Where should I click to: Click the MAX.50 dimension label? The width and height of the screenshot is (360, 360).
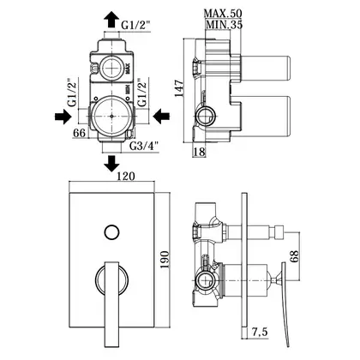tap(223, 13)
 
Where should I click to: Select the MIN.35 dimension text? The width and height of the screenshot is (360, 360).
tap(224, 25)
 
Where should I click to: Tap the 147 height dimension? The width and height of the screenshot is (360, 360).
tap(179, 88)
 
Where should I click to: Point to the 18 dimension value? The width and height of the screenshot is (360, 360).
tap(200, 152)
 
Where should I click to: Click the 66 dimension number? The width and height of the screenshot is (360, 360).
tap(80, 133)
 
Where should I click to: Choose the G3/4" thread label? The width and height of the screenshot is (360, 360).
tap(144, 147)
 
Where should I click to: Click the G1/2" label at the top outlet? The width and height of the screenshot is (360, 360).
tap(136, 26)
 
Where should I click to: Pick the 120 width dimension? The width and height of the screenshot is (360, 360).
tap(125, 176)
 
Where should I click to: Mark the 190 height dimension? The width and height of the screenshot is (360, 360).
tap(165, 260)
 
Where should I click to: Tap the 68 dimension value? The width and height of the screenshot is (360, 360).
tap(294, 256)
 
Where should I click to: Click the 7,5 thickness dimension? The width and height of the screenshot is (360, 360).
tap(260, 332)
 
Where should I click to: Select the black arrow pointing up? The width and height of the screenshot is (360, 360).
tap(111, 20)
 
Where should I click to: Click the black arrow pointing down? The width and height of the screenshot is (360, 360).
tap(111, 164)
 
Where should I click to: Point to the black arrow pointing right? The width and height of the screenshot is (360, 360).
tap(63, 117)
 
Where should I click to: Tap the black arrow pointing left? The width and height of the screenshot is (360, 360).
tap(161, 117)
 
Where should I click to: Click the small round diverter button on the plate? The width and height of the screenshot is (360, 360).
tap(111, 232)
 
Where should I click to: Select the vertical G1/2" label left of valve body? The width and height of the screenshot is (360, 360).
tap(72, 93)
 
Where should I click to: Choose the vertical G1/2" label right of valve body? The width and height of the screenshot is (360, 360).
tap(142, 93)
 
